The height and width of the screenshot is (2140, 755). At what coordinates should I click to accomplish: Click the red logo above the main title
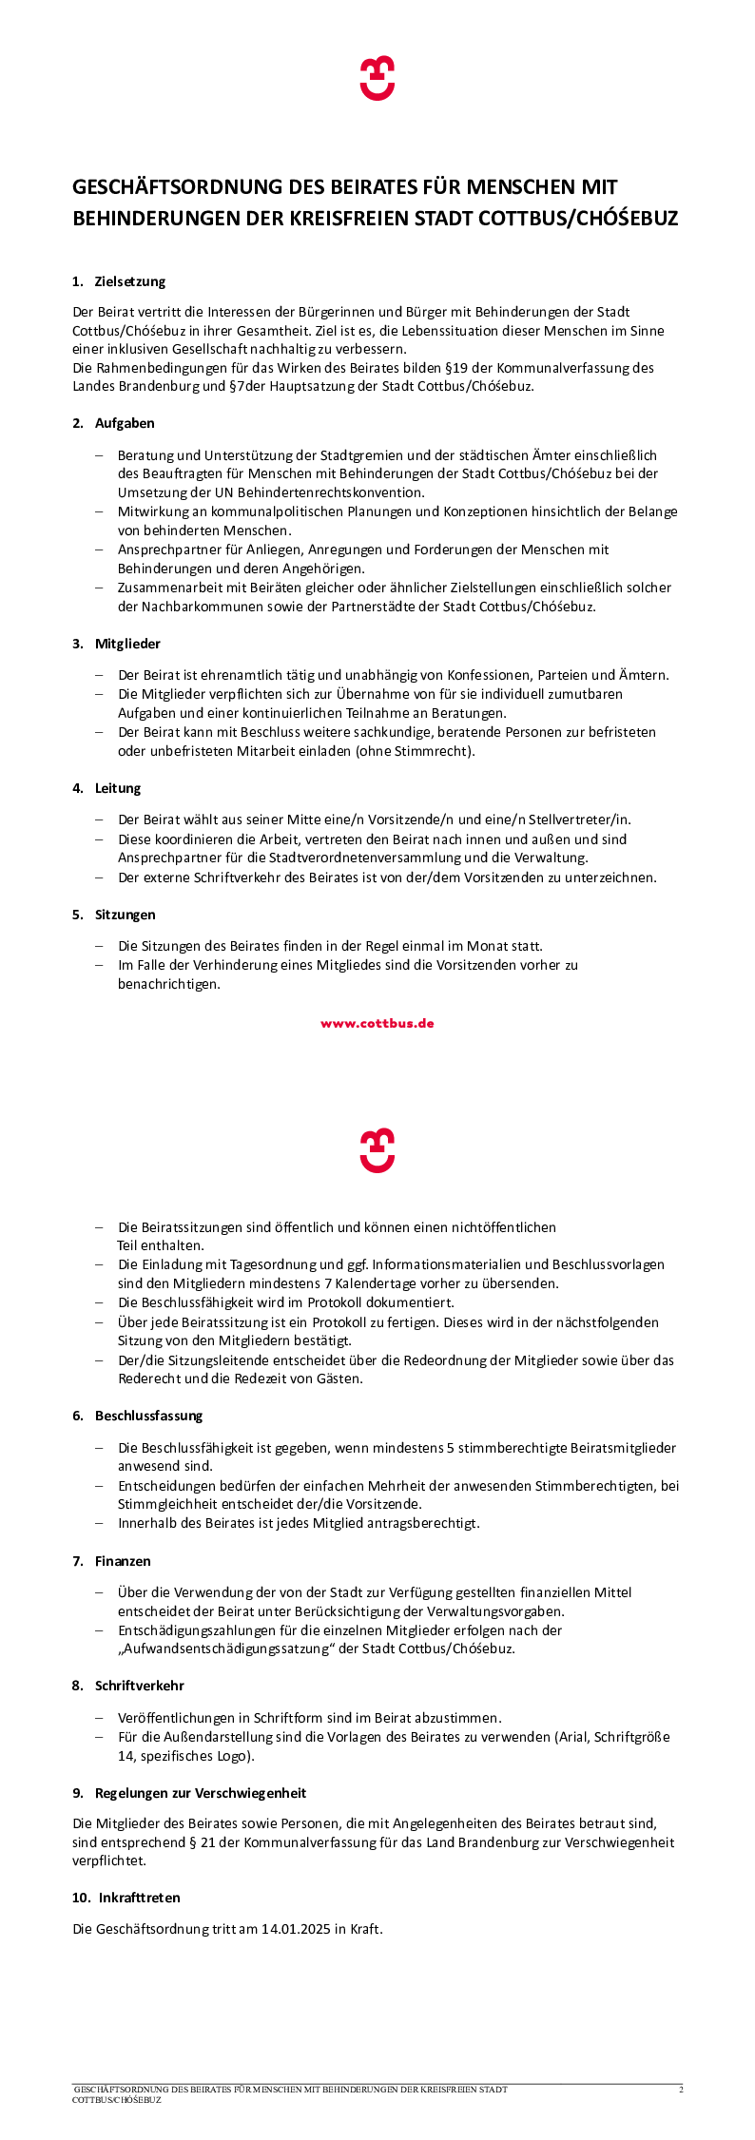tap(377, 78)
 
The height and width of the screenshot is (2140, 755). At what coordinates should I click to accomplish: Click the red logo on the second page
tap(377, 1150)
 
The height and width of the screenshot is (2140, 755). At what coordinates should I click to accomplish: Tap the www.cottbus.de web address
tap(377, 1024)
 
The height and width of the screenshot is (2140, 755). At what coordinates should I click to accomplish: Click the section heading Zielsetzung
tap(130, 281)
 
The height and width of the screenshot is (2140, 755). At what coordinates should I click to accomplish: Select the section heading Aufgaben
tap(125, 423)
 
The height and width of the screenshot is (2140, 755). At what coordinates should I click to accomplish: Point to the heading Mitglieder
tap(127, 644)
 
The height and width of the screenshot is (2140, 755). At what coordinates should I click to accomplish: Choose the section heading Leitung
tap(118, 788)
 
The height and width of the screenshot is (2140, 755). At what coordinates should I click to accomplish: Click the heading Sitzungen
tap(126, 915)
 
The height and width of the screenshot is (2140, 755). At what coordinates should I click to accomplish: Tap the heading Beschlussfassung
tap(149, 1416)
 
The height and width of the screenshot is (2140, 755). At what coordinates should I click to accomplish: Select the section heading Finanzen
tap(123, 1561)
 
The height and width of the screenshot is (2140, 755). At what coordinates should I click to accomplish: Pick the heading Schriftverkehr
tap(140, 1686)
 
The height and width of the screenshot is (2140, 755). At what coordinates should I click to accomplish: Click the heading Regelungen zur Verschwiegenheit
tap(201, 1793)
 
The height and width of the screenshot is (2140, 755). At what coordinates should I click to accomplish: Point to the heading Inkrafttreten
tap(140, 1897)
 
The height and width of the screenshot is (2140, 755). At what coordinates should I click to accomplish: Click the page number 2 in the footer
tap(681, 2090)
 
